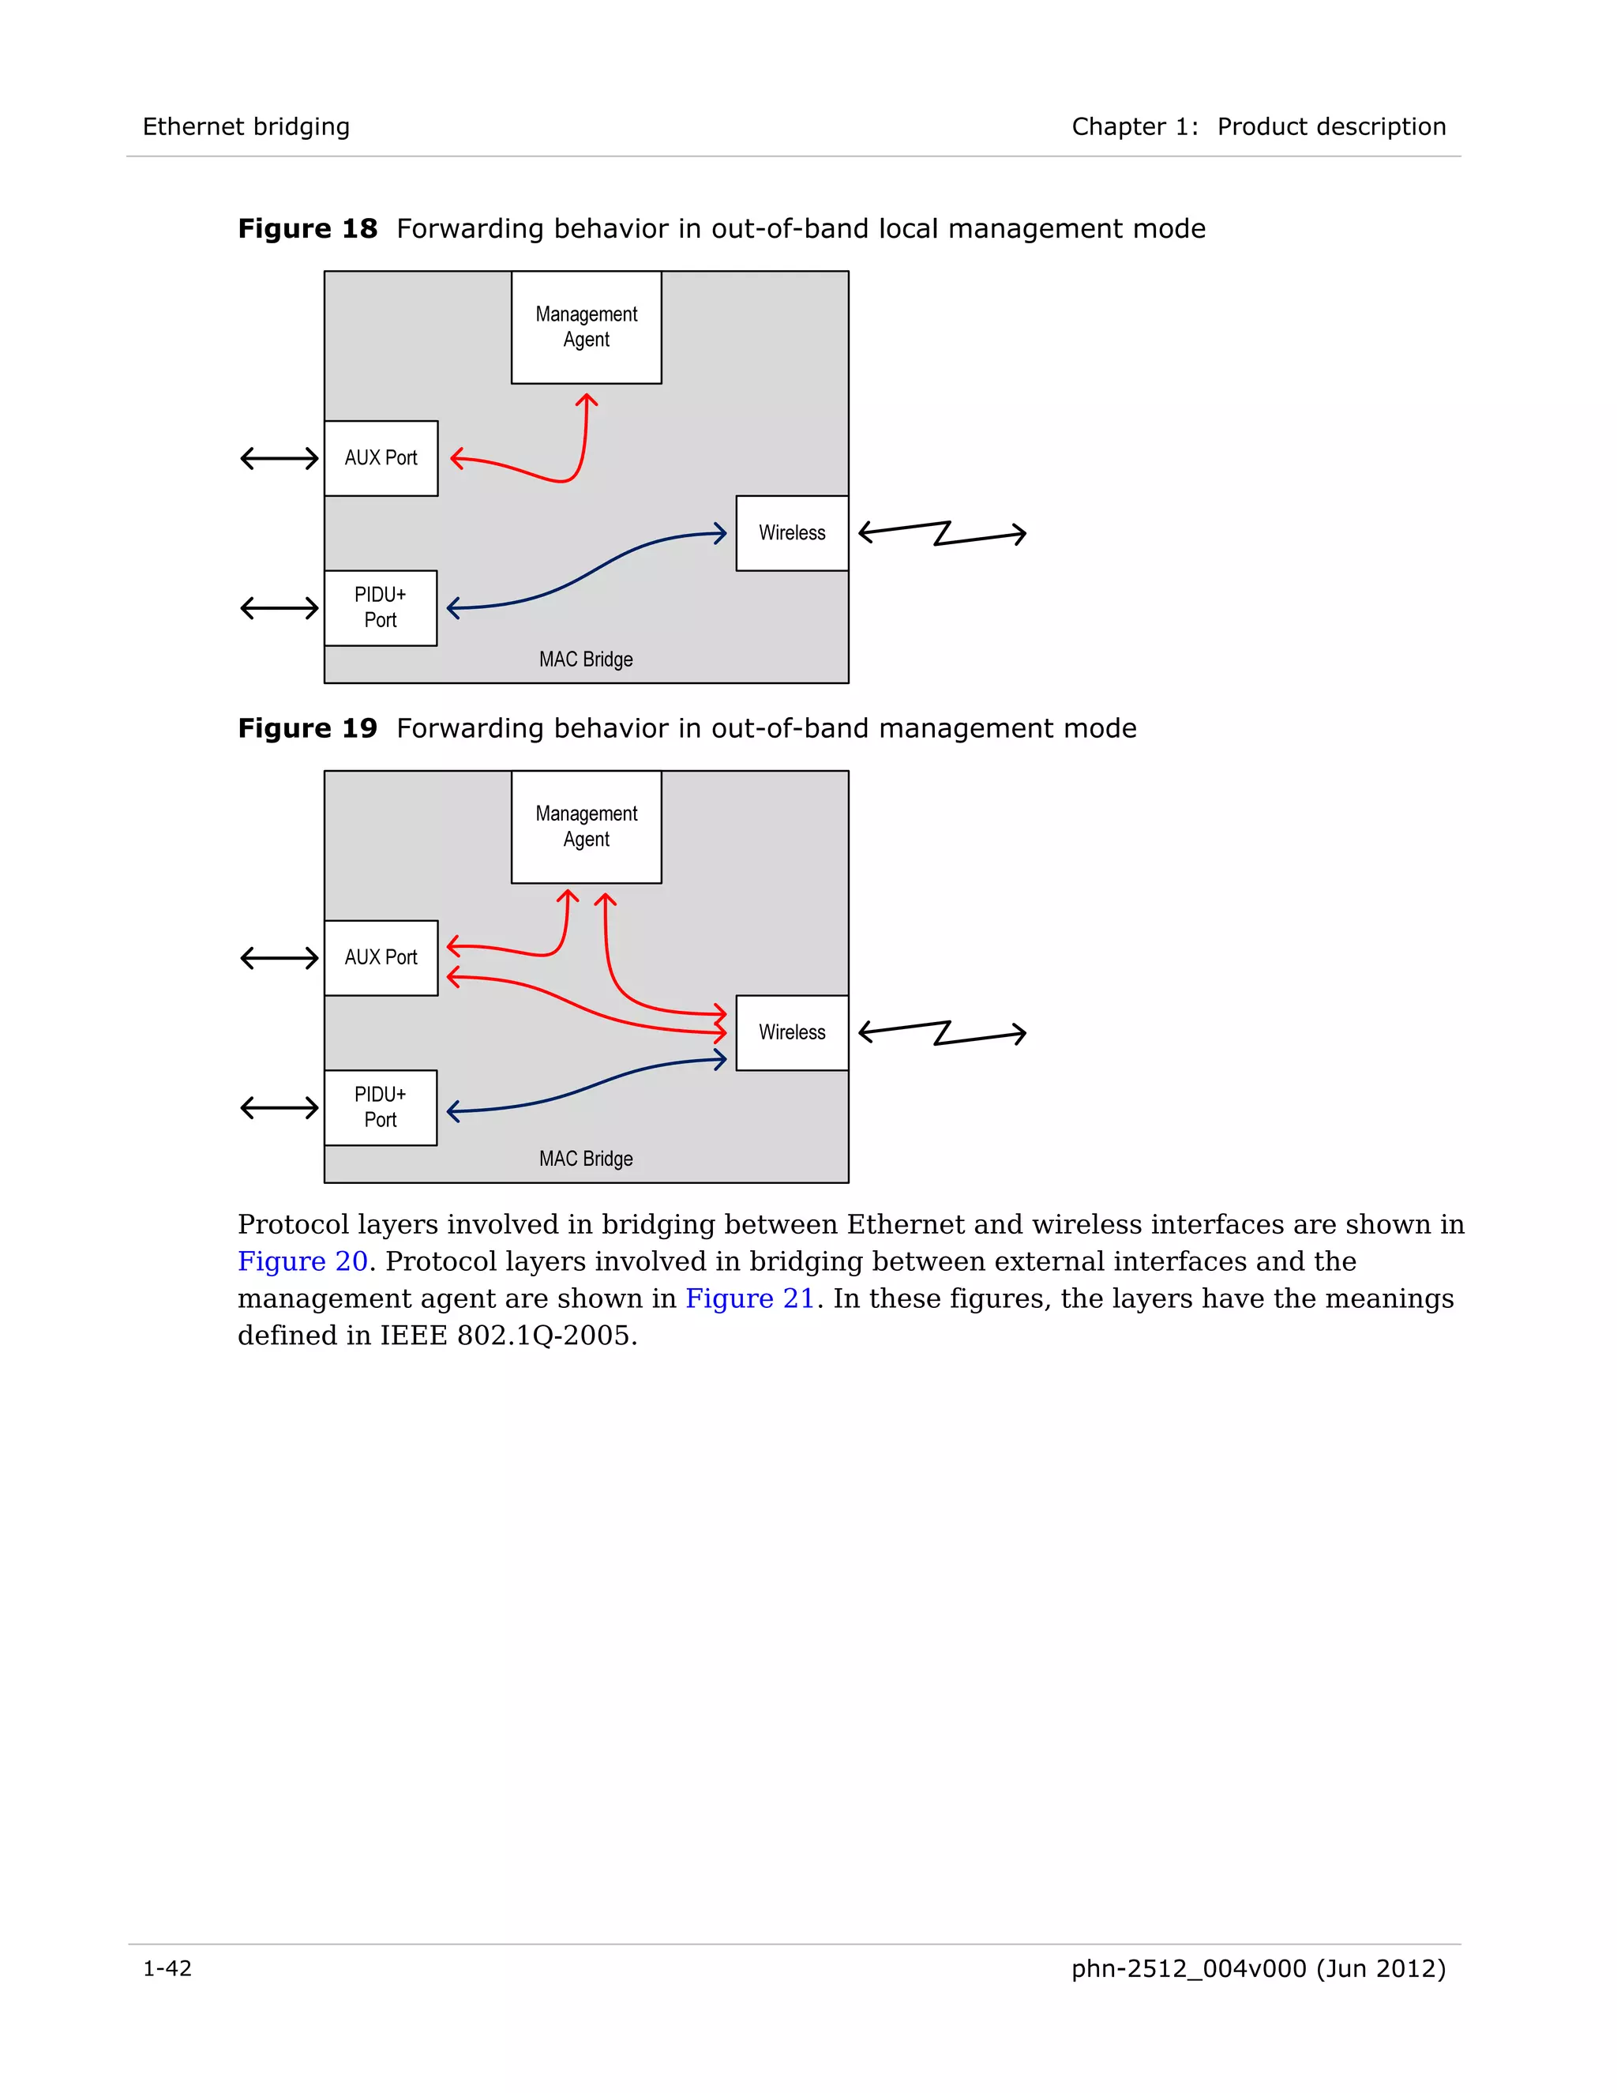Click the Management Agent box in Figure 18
(x=587, y=327)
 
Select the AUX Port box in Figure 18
(x=381, y=458)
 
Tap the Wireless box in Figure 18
(x=791, y=533)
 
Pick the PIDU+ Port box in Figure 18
(x=381, y=607)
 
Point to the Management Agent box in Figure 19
(x=587, y=826)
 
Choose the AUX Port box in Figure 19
(x=381, y=957)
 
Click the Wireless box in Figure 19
(x=791, y=1032)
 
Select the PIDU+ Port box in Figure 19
(x=381, y=1107)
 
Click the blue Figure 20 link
(x=302, y=1261)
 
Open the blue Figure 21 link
(x=750, y=1298)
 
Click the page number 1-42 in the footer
(x=167, y=1968)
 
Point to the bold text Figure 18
(x=307, y=229)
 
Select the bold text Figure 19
(x=307, y=728)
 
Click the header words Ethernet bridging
(x=246, y=126)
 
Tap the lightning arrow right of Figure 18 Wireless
(x=942, y=534)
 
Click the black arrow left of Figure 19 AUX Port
(x=279, y=957)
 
